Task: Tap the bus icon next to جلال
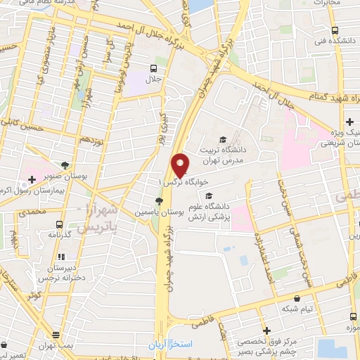(x=153, y=67)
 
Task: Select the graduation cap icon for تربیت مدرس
(x=223, y=140)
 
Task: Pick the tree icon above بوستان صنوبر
(x=65, y=162)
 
